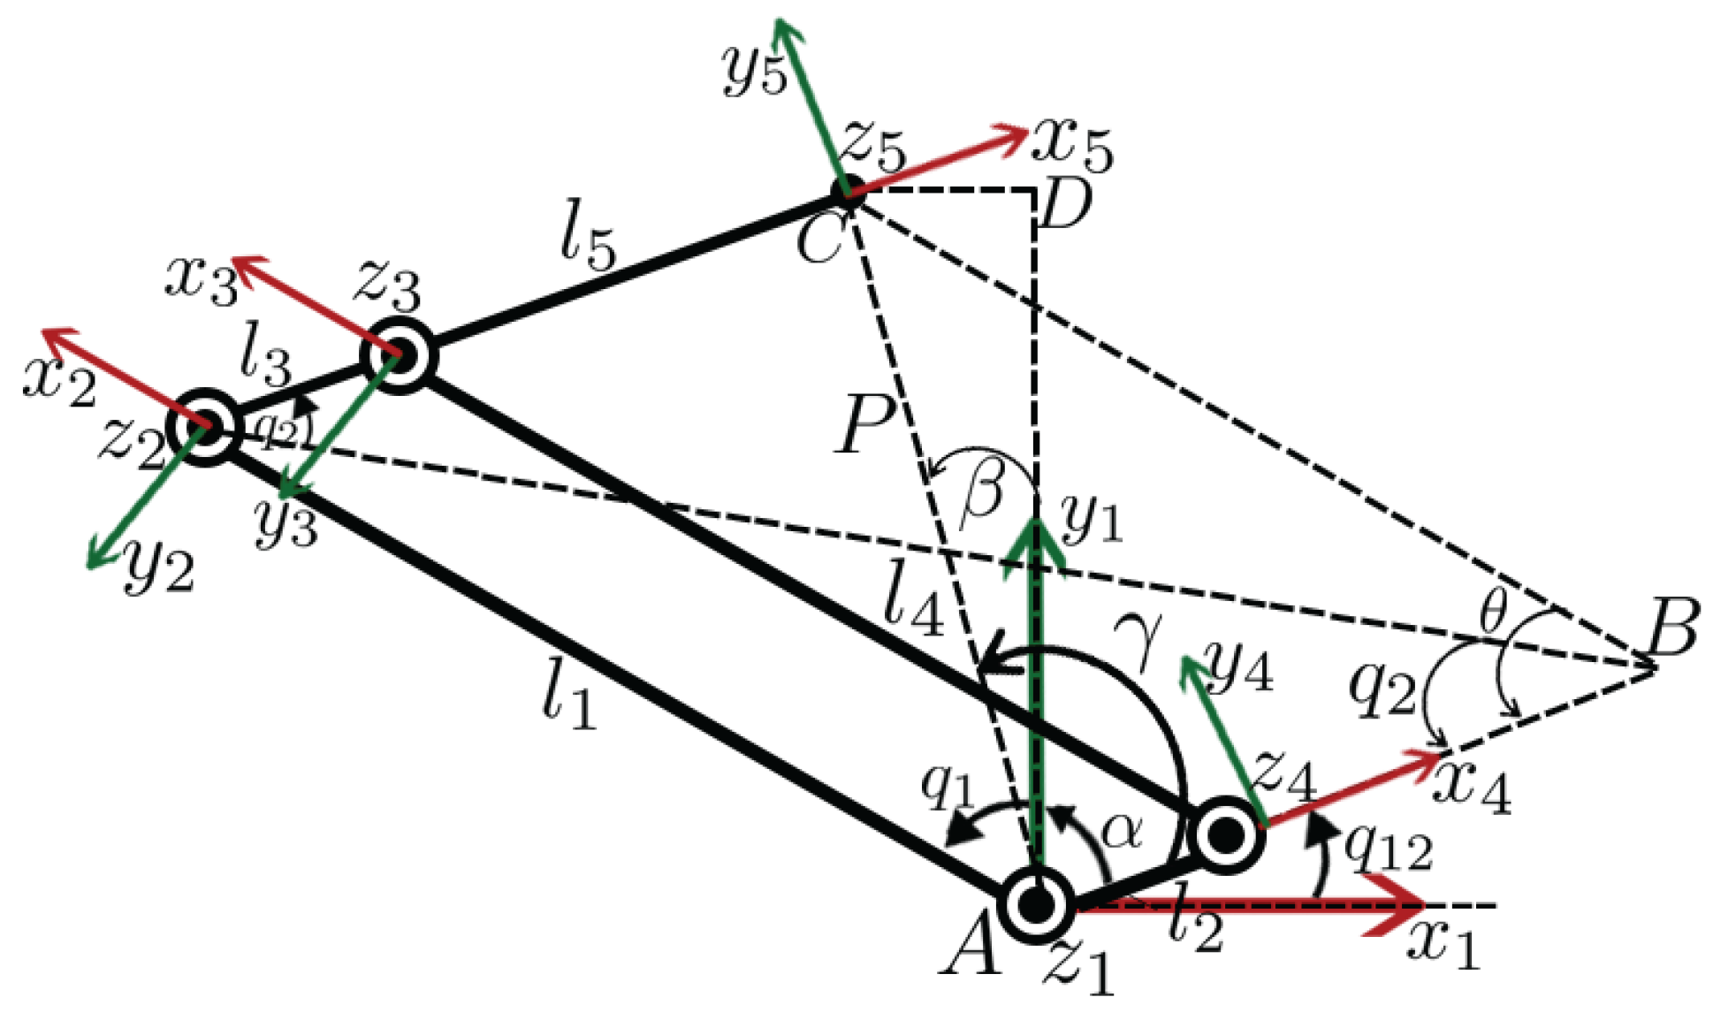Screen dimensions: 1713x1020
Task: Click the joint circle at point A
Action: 1035,903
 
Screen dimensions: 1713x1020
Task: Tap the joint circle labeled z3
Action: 399,356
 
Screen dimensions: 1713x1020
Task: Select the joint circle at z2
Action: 206,428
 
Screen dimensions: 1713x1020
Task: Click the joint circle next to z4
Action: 1225,834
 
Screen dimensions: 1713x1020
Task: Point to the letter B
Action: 1671,627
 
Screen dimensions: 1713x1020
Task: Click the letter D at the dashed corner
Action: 1065,205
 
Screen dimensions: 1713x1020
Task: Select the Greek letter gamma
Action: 1138,638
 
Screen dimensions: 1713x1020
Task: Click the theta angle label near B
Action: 1493,612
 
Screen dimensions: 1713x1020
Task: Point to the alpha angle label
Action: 1123,831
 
